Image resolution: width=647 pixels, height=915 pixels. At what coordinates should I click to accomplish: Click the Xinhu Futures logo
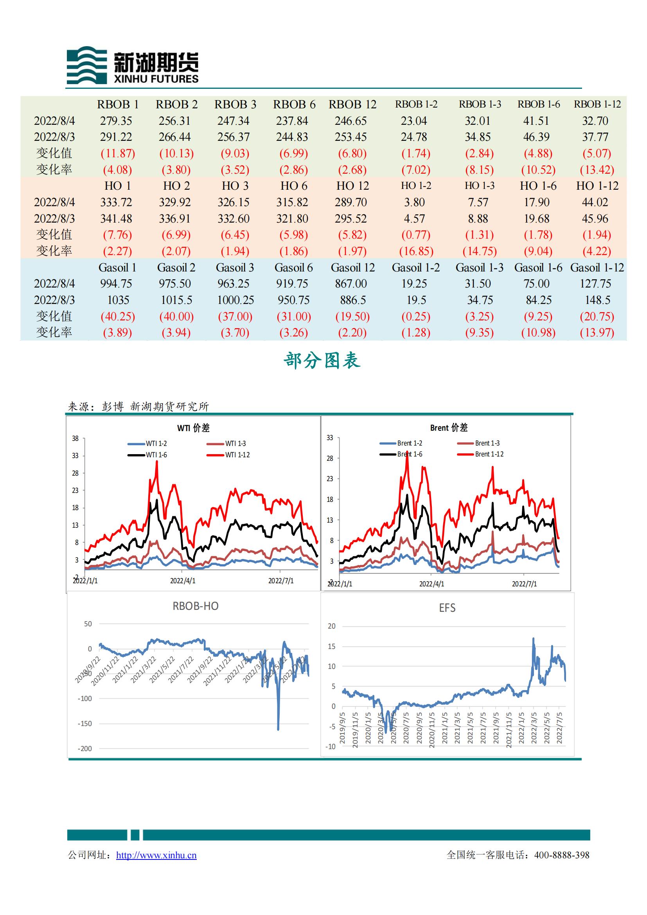tap(132, 65)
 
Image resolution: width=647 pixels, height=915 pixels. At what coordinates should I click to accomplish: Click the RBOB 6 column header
tap(294, 105)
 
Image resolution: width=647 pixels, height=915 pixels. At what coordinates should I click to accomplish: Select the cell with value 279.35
tap(116, 121)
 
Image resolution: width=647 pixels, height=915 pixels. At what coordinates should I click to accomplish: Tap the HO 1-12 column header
tap(597, 186)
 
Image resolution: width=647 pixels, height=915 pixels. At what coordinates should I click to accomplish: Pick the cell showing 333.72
tap(116, 203)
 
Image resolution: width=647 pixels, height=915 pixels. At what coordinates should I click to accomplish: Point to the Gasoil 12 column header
tap(352, 268)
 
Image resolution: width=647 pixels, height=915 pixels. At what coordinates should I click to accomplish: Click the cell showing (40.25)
tap(117, 317)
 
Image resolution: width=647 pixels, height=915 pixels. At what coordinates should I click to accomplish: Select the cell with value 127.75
tap(595, 284)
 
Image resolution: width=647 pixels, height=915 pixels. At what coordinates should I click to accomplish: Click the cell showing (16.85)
tap(416, 252)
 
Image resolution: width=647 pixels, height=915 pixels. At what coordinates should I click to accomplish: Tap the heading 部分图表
tap(322, 361)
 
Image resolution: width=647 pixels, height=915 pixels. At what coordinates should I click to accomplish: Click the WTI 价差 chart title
tap(193, 428)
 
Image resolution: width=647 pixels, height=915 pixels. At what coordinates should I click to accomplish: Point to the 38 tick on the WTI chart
tap(75, 439)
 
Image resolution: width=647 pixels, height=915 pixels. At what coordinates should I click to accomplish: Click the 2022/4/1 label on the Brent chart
tap(431, 584)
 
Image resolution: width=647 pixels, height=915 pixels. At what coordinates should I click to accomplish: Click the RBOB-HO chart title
tap(195, 607)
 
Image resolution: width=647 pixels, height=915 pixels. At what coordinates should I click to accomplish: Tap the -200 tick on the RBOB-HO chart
tap(84, 749)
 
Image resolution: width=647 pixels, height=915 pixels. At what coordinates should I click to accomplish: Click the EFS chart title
tap(447, 608)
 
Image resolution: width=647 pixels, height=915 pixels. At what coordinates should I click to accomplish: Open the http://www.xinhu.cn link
tap(156, 856)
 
